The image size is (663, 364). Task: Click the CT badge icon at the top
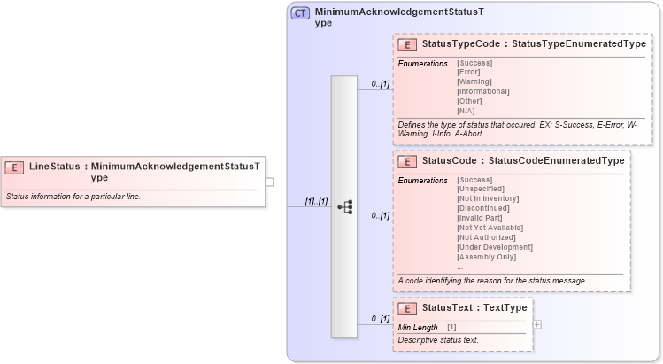300,14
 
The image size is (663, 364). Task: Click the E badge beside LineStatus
15,167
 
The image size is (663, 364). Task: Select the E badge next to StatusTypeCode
408,44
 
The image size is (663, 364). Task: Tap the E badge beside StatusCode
408,161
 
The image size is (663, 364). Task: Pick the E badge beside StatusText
408,308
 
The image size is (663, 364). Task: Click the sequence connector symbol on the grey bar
345,207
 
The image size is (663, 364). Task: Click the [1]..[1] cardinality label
316,201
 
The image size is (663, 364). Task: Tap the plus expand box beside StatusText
537,324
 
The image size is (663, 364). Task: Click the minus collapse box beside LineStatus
270,182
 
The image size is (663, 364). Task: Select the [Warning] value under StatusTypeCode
474,81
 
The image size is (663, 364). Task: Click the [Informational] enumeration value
482,91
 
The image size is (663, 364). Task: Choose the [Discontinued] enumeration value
483,208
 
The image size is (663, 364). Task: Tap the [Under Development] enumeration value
494,247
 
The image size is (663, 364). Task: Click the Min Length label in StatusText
418,328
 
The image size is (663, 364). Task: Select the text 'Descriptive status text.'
438,340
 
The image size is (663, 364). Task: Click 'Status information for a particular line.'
73,196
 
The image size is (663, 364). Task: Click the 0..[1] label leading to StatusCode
381,215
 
